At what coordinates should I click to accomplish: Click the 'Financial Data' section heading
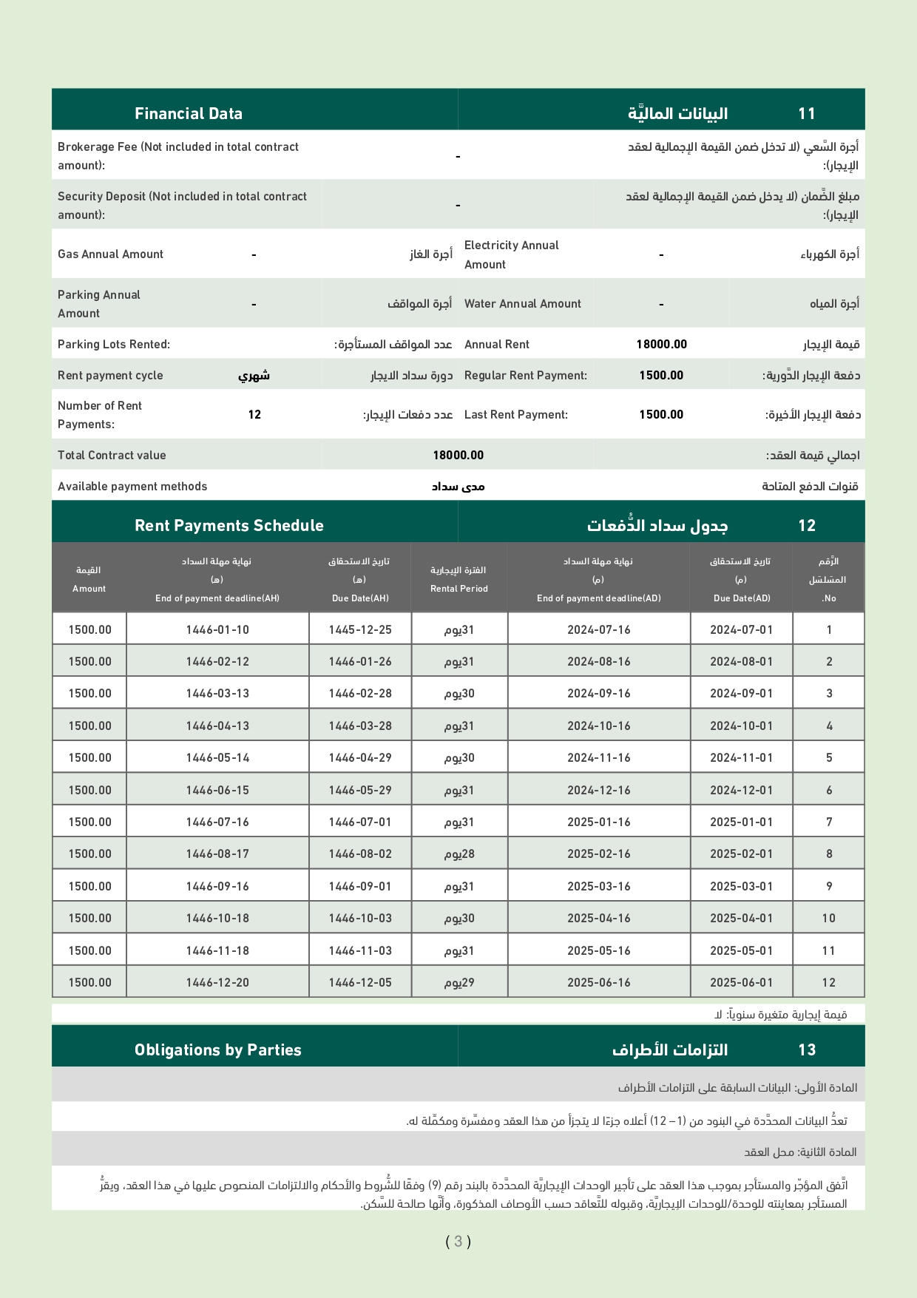(x=189, y=113)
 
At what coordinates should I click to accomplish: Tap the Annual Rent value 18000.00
(x=661, y=344)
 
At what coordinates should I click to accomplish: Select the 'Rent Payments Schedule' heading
(x=229, y=525)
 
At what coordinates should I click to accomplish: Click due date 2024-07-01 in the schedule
(x=741, y=629)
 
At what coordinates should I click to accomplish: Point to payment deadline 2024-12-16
(x=599, y=790)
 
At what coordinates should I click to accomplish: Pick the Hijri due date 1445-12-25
(x=360, y=629)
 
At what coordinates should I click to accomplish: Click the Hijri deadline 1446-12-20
(x=217, y=982)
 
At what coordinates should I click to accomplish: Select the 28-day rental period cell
(x=459, y=853)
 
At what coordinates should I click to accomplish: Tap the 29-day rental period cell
(x=459, y=982)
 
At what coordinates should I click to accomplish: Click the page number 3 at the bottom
(x=458, y=1241)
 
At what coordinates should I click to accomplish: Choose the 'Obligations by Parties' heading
(x=218, y=1049)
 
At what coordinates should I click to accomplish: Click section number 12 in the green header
(x=807, y=525)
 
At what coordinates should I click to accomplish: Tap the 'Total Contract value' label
(x=112, y=455)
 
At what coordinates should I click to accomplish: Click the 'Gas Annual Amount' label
(x=110, y=254)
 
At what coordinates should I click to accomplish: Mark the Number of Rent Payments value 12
(x=254, y=414)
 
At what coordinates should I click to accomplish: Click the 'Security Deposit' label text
(x=182, y=205)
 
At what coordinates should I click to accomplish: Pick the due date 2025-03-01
(x=741, y=886)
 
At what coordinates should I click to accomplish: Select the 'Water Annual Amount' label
(x=523, y=303)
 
